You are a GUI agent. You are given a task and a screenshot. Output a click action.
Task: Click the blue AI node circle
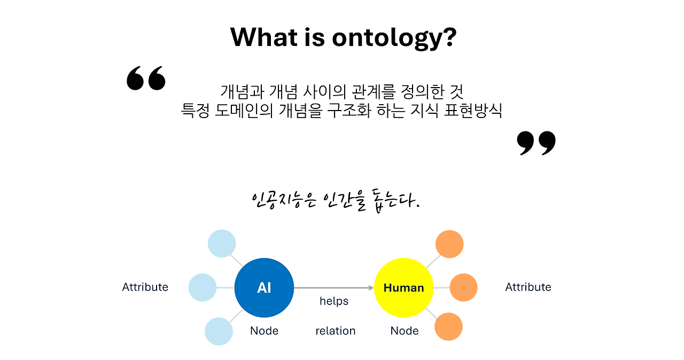pyautogui.click(x=264, y=288)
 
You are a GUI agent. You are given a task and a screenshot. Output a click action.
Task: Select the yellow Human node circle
pyautogui.click(x=403, y=288)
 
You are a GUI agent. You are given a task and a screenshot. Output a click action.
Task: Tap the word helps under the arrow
pyautogui.click(x=334, y=301)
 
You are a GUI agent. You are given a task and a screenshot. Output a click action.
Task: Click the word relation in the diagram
pyautogui.click(x=335, y=331)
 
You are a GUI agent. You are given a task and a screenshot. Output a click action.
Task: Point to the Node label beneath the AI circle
pyautogui.click(x=264, y=331)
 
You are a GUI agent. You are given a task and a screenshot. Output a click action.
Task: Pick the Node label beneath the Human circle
pyautogui.click(x=405, y=331)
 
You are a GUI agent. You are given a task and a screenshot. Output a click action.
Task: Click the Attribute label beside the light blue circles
pyautogui.click(x=145, y=287)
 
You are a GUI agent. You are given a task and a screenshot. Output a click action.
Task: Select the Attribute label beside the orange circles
pyautogui.click(x=528, y=287)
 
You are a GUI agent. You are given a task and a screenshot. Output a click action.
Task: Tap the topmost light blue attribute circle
pyautogui.click(x=222, y=244)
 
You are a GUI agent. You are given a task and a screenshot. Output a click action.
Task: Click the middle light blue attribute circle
pyautogui.click(x=203, y=287)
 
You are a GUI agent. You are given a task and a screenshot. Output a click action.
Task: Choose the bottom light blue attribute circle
pyautogui.click(x=219, y=331)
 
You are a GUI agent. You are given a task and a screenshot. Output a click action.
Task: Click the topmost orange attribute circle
pyautogui.click(x=449, y=244)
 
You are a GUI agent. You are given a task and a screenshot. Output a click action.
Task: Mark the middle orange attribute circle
pyautogui.click(x=463, y=287)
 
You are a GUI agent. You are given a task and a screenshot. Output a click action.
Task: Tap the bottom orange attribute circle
pyautogui.click(x=448, y=326)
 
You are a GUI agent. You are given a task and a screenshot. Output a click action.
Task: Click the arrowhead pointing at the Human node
pyautogui.click(x=371, y=288)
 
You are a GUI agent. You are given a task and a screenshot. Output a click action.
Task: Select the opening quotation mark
pyautogui.click(x=146, y=78)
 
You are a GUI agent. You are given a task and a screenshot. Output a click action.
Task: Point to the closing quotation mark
pyautogui.click(x=536, y=143)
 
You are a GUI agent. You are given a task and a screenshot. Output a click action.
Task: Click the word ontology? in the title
pyautogui.click(x=394, y=38)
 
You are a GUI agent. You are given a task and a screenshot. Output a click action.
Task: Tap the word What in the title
pyautogui.click(x=264, y=37)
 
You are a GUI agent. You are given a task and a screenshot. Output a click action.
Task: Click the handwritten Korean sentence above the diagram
pyautogui.click(x=336, y=201)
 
